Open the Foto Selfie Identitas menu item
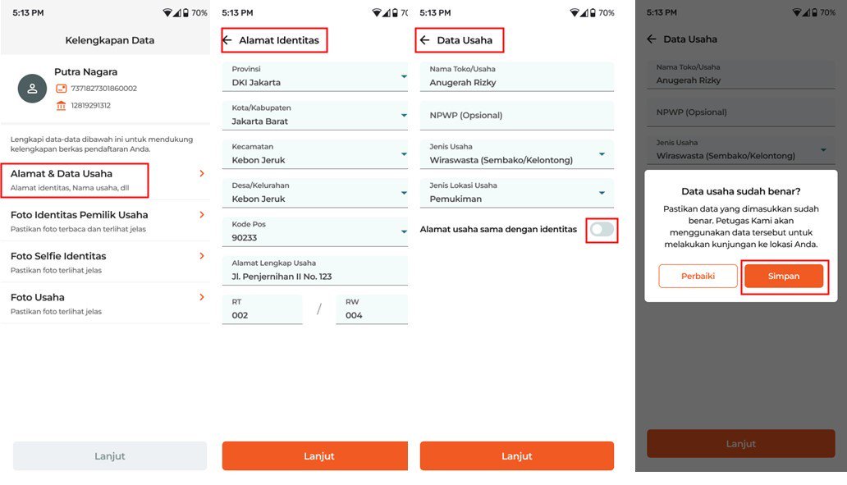[x=105, y=262]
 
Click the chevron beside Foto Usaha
[x=201, y=297]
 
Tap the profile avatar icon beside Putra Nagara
[x=32, y=89]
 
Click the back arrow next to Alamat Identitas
[x=227, y=40]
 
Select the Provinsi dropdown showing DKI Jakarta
[x=315, y=76]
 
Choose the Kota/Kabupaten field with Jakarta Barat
[x=315, y=115]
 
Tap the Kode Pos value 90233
[x=244, y=238]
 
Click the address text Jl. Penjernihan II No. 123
[x=282, y=277]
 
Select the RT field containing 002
[x=262, y=309]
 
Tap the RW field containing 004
[x=372, y=309]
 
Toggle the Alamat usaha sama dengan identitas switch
[x=602, y=230]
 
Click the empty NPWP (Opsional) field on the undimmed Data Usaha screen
[x=516, y=115]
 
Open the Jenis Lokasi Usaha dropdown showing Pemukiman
[x=516, y=193]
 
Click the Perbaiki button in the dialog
[x=698, y=276]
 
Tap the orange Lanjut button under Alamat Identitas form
[x=315, y=455]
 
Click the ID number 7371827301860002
[x=103, y=88]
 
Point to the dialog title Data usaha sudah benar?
[x=740, y=191]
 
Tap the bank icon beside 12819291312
[x=61, y=105]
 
